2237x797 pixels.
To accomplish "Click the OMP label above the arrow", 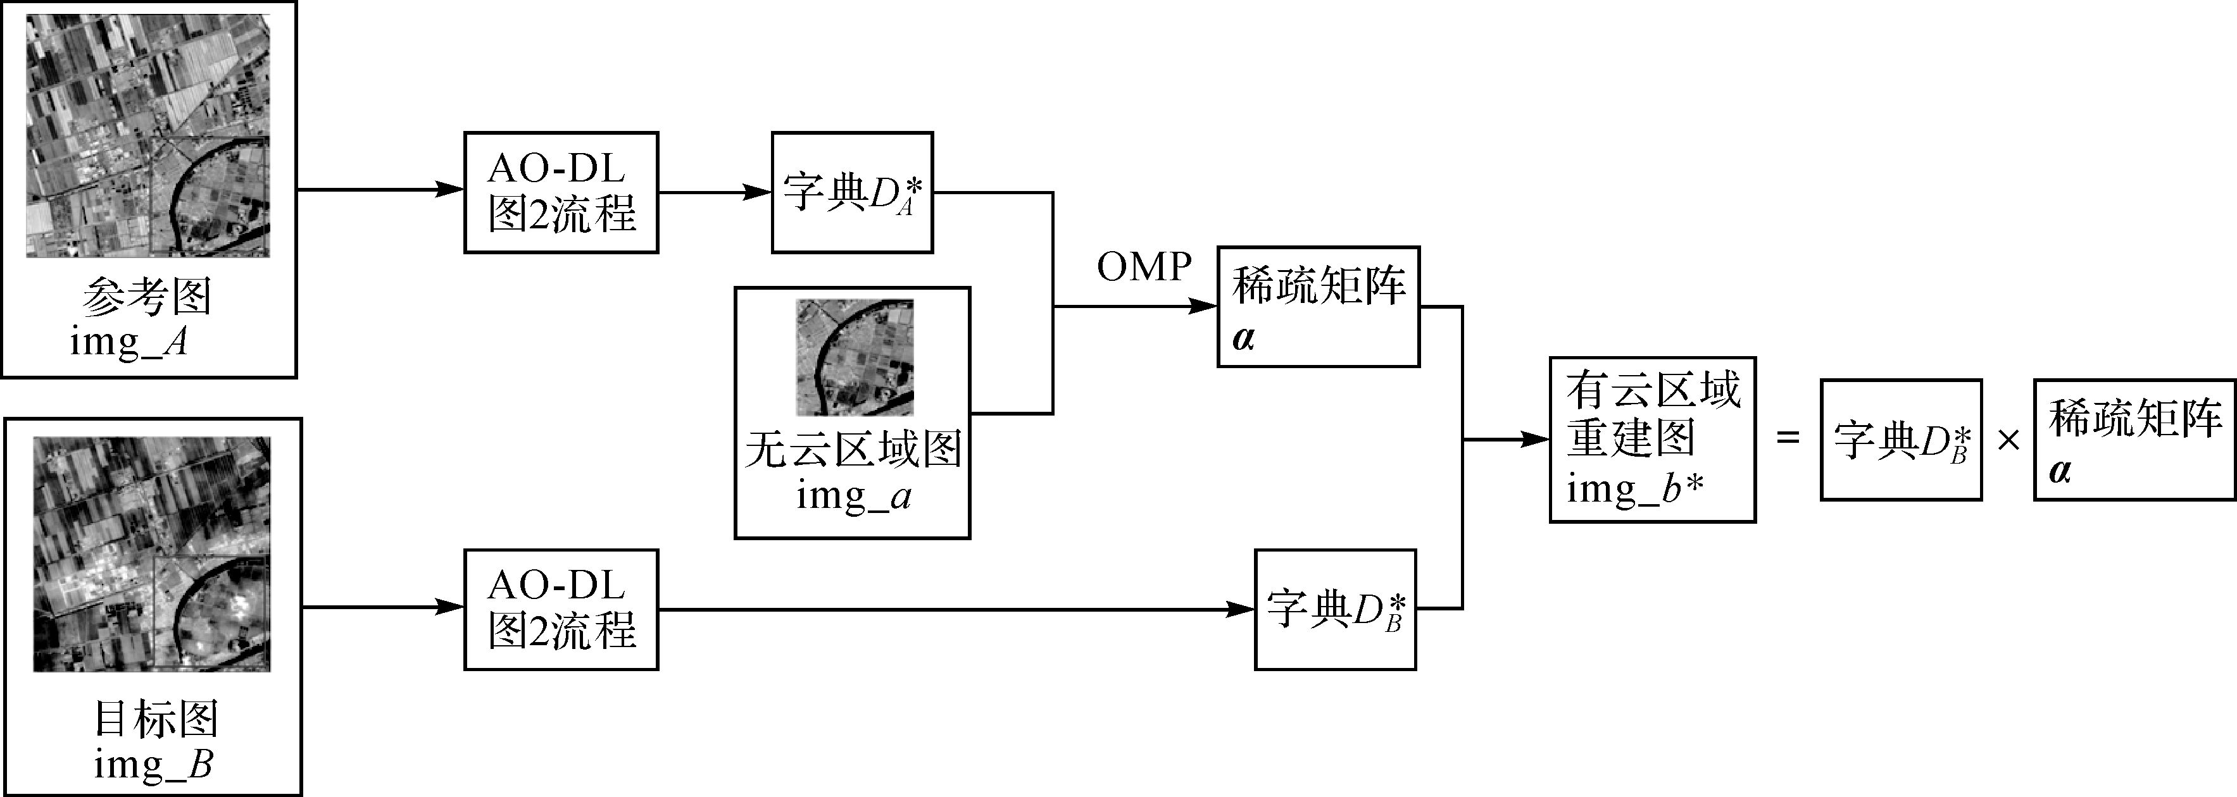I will (1144, 268).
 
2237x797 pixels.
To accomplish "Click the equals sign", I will (1788, 438).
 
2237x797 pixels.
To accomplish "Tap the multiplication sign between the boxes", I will (2008, 441).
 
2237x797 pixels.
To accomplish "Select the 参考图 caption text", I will (147, 297).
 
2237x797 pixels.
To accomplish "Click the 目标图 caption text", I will (156, 719).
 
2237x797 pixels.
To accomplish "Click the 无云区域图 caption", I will (853, 450).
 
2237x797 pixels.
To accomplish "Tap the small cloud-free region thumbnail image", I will (855, 357).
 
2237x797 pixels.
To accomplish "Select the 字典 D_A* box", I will (852, 193).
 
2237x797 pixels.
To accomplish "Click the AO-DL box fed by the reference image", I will (561, 193).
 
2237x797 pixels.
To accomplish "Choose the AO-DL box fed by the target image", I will (561, 610).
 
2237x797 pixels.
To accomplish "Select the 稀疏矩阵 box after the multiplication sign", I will (2134, 440).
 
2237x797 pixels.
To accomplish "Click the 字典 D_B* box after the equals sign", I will (1900, 440).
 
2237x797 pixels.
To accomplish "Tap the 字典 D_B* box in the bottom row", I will (1335, 610).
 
